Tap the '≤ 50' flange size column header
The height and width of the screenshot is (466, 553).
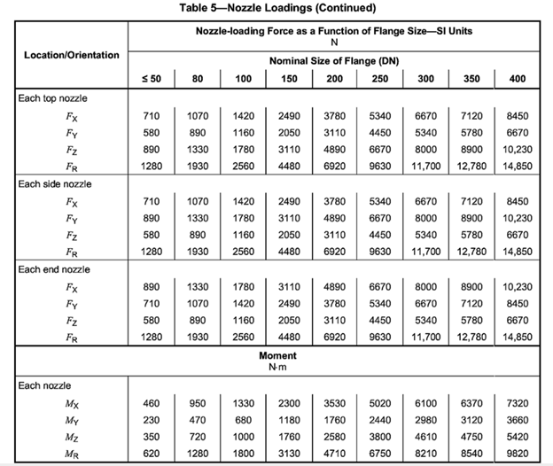[x=152, y=78]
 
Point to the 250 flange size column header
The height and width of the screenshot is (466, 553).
[x=380, y=78]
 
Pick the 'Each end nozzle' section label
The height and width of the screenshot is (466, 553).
[x=54, y=268]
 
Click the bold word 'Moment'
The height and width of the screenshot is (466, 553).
[x=276, y=355]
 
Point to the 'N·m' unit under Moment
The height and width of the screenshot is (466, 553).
[x=276, y=366]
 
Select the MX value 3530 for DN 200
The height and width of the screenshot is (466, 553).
[x=333, y=403]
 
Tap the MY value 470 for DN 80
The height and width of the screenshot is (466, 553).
[x=198, y=419]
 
